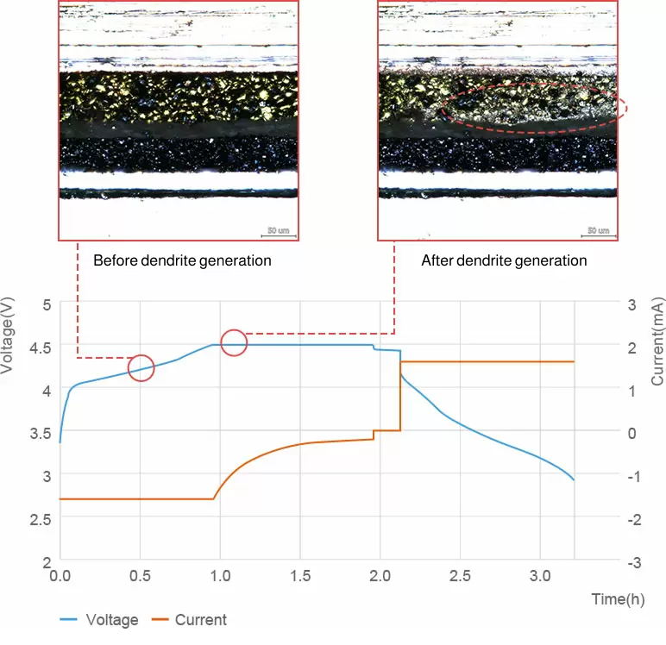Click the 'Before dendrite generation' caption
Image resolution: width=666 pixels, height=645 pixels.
182,260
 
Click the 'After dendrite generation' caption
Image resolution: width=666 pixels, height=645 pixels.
504,260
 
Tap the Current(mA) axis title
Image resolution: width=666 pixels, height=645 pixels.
657,345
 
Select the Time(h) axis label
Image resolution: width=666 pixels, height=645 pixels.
616,598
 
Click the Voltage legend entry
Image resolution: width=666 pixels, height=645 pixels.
98,620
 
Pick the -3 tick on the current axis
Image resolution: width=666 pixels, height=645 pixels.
632,562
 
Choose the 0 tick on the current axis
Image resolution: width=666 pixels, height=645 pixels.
632,433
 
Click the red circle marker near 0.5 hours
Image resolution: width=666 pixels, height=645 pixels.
141,368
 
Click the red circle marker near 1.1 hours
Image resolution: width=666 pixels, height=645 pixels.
234,342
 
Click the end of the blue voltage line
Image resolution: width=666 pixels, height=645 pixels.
574,479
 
